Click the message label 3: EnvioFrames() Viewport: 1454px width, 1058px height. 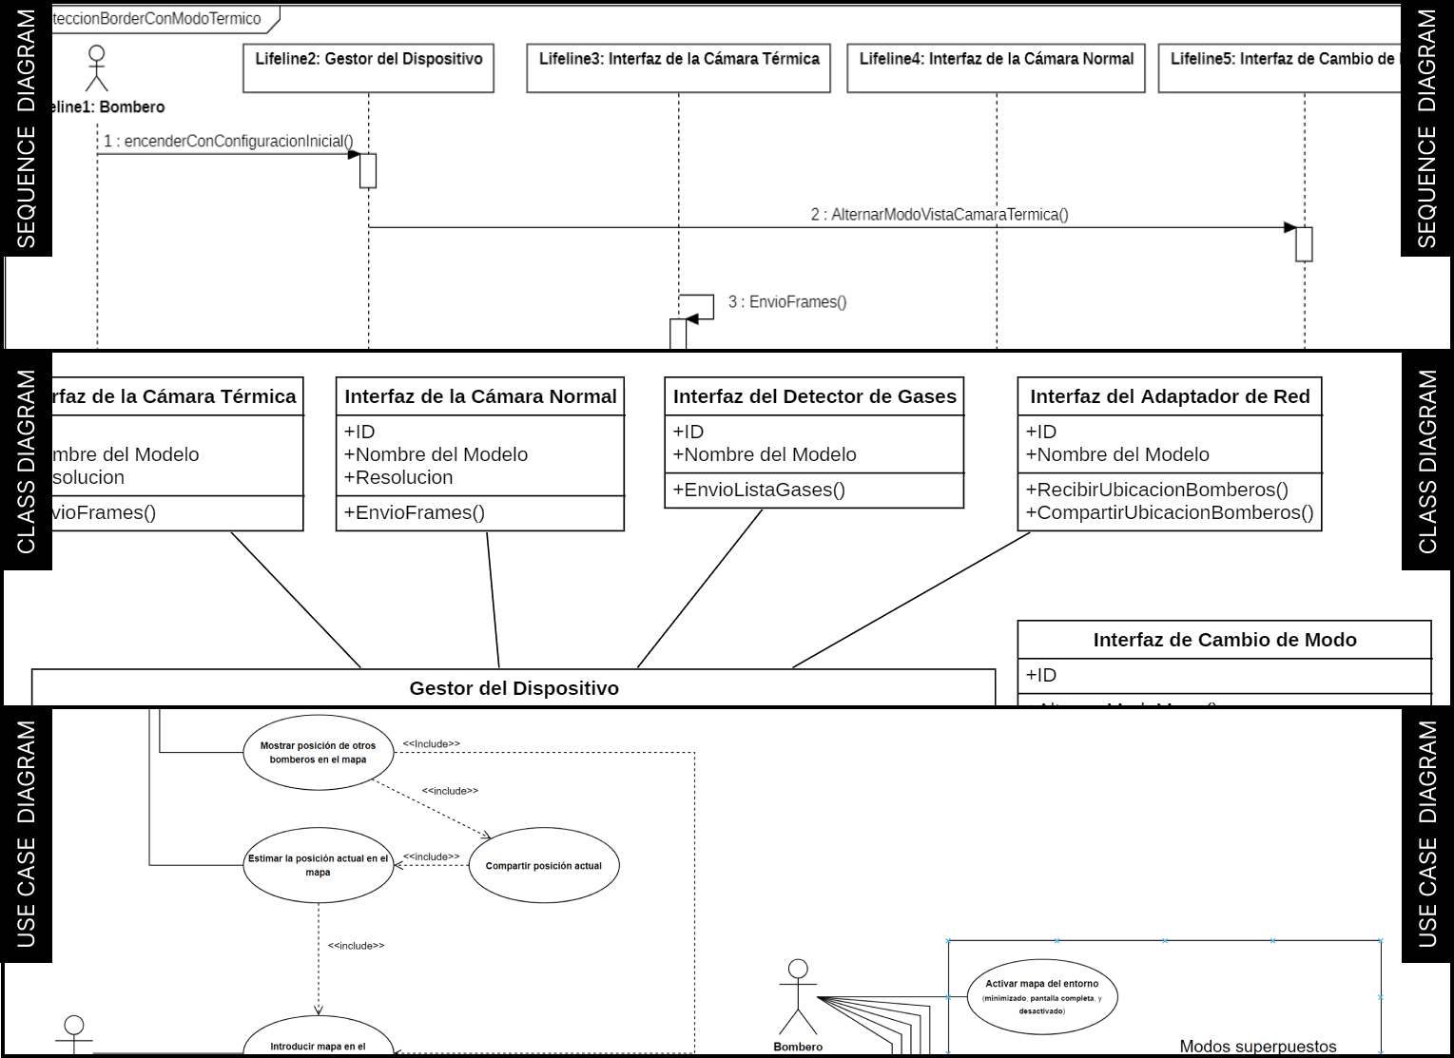click(787, 302)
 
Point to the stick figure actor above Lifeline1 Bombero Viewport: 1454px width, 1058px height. click(96, 67)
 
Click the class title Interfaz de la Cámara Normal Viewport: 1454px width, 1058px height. click(480, 397)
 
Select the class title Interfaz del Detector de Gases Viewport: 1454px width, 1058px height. click(815, 397)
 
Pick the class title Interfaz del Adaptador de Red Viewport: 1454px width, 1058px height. click(1170, 397)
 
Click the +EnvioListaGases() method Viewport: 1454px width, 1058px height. click(760, 491)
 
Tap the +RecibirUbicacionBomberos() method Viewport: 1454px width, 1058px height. click(1157, 491)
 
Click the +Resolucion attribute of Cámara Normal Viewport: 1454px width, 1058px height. click(399, 478)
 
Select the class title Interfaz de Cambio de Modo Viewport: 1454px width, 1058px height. click(1225, 641)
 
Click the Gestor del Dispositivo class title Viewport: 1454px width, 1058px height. click(514, 688)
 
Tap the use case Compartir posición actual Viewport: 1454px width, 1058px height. click(543, 866)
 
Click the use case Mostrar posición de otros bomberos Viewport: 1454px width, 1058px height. click(318, 753)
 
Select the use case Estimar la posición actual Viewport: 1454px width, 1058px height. click(318, 865)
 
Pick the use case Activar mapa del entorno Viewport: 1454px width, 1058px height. click(1041, 996)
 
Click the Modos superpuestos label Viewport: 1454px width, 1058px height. click(1257, 1047)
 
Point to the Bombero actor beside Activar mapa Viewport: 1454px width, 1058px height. click(798, 998)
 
